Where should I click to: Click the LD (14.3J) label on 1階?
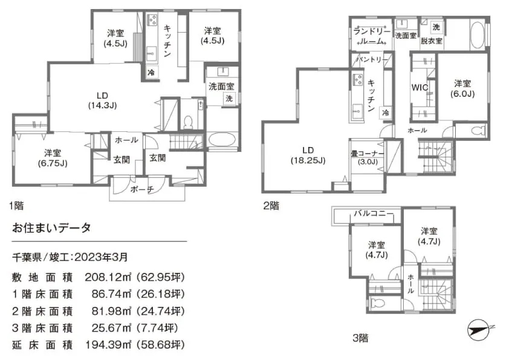coord(102,100)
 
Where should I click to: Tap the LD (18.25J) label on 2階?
coord(308,155)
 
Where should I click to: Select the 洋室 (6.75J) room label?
coord(53,158)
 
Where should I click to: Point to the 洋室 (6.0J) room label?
coord(462,89)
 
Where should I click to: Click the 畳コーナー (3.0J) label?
coord(368,157)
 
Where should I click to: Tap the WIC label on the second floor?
coord(420,87)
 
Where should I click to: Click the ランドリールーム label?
coord(372,36)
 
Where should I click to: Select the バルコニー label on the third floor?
coord(374,214)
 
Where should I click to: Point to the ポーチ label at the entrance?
coord(142,189)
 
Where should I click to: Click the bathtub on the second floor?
coord(477,35)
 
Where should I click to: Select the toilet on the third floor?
coord(377,303)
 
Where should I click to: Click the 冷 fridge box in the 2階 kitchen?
coord(386,113)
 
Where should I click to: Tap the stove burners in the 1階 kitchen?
coord(152,19)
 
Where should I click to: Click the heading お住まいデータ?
coord(51,227)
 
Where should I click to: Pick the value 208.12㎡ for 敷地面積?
coord(108,277)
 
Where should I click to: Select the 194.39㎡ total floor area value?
coord(108,345)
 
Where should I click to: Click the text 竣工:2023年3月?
coord(89,257)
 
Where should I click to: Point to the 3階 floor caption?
coord(361,338)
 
